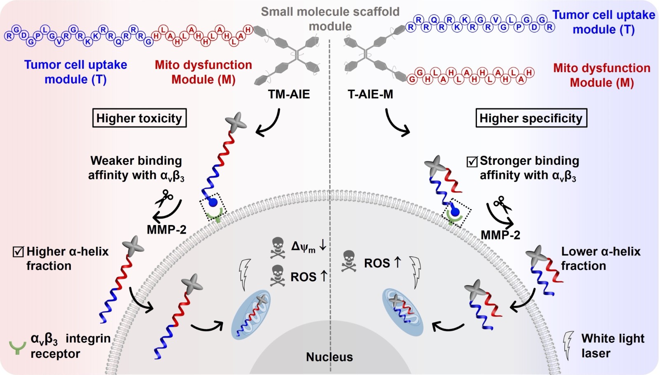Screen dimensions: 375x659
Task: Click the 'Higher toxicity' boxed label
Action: tap(139, 118)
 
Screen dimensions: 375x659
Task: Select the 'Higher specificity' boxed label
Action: tap(531, 118)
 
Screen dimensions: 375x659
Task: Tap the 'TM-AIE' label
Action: tap(289, 94)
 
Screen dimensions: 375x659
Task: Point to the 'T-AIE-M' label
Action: tap(370, 94)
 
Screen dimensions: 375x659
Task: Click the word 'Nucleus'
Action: tap(329, 357)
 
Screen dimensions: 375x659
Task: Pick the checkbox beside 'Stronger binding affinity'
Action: tap(472, 162)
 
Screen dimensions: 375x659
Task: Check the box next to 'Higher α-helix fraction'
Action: tap(18, 251)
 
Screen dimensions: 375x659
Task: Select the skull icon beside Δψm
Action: tap(278, 247)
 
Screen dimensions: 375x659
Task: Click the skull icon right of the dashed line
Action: tap(349, 261)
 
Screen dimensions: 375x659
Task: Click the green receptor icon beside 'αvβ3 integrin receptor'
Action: tap(17, 347)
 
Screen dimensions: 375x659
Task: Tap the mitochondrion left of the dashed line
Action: tap(251, 314)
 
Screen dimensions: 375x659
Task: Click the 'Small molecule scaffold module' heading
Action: tap(330, 19)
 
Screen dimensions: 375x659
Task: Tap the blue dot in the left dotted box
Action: tap(213, 202)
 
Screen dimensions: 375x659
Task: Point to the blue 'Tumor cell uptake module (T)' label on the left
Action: tap(75, 72)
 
